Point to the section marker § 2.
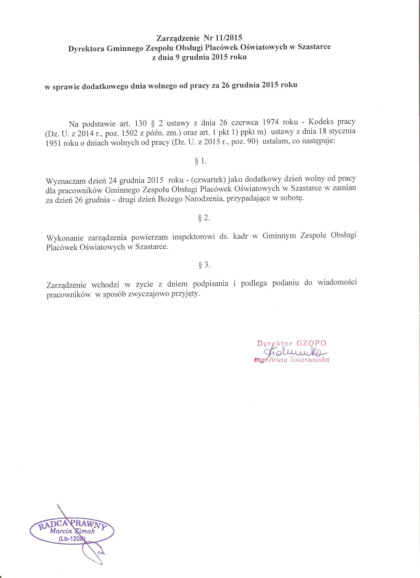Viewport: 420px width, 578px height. [204, 218]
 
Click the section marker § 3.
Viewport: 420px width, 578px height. [204, 265]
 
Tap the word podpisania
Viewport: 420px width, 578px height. [210, 284]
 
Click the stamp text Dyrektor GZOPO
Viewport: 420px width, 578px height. [291, 343]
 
